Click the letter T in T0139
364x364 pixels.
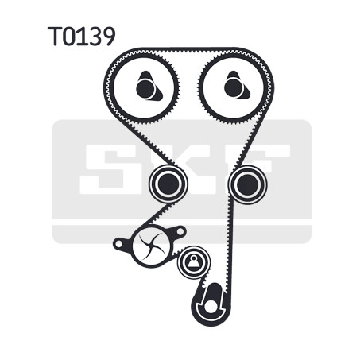[56, 36]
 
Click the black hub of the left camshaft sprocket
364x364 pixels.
[145, 88]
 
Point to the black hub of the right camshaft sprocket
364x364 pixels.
[234, 88]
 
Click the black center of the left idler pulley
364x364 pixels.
[168, 184]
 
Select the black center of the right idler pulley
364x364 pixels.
[247, 184]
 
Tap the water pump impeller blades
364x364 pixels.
[151, 245]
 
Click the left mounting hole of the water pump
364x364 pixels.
[119, 243]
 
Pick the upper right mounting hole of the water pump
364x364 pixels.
[180, 232]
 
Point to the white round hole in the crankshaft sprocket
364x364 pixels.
[211, 306]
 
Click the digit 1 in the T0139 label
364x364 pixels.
[81, 36]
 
